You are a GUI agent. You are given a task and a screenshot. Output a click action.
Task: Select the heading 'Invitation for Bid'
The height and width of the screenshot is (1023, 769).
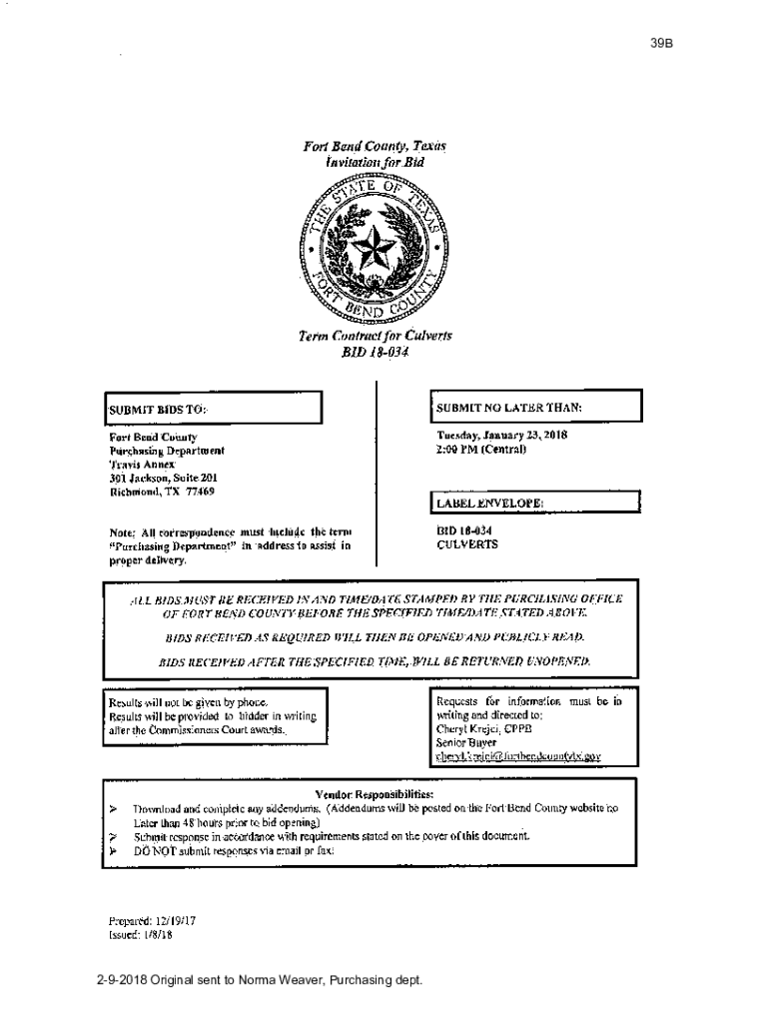tap(375, 162)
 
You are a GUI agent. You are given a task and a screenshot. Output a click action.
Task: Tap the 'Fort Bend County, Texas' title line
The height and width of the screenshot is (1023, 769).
tap(375, 147)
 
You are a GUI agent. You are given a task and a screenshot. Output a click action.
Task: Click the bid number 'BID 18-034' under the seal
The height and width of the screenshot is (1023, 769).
tap(376, 352)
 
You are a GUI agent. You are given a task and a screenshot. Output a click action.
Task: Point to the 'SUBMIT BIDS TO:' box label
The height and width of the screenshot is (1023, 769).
tap(157, 409)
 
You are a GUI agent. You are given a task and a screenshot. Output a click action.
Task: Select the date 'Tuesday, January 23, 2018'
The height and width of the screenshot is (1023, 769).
tap(501, 436)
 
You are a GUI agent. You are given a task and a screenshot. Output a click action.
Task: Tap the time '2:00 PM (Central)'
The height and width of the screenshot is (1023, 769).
tap(481, 449)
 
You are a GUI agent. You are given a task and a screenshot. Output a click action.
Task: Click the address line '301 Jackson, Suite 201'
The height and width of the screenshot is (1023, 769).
tap(163, 478)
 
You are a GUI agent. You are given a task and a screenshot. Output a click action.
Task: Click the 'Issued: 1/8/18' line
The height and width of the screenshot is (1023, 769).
tap(140, 934)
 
